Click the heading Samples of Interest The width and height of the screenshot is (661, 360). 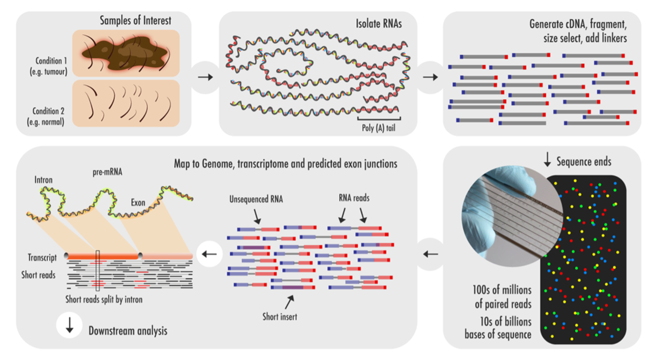point(136,21)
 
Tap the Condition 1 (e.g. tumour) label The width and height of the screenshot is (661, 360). point(48,65)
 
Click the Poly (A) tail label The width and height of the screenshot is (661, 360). point(379,127)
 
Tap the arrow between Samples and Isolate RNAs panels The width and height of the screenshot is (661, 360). point(205,77)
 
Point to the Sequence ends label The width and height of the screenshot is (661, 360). point(584,162)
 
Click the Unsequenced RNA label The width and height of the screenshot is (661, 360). point(256,200)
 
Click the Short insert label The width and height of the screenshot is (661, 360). point(280,316)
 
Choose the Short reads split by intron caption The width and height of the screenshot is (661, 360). point(104,300)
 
